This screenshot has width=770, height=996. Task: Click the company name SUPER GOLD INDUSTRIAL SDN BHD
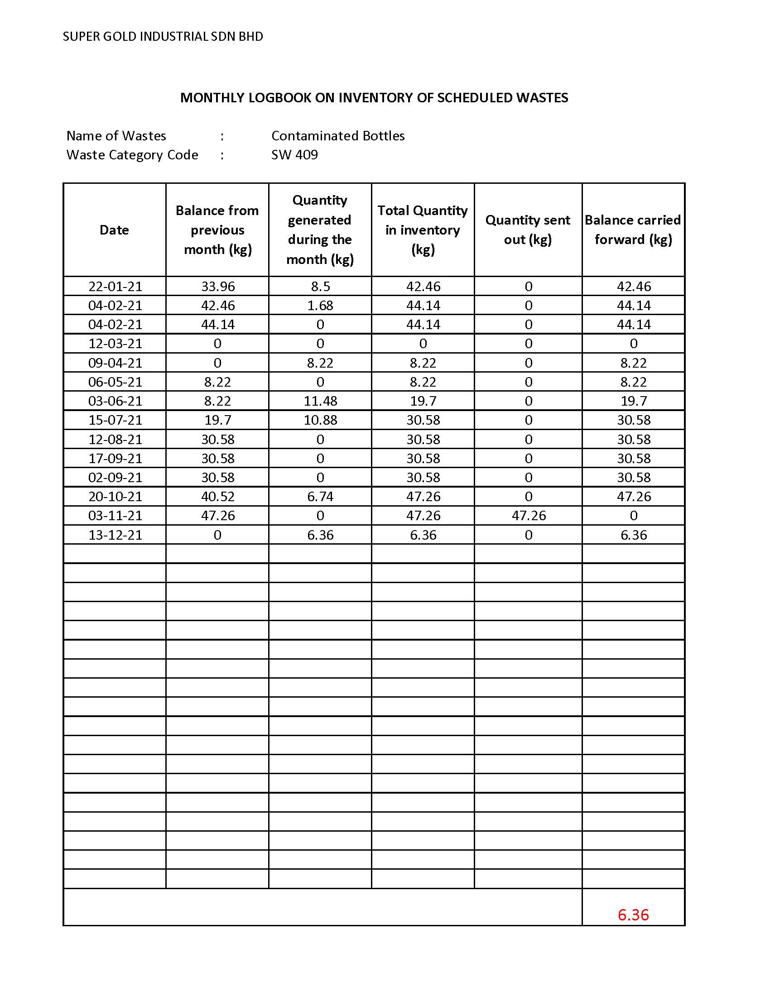coord(163,37)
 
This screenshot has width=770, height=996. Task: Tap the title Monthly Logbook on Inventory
coord(374,98)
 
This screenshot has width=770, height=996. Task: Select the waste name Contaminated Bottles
coord(338,136)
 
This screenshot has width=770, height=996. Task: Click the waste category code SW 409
coord(295,155)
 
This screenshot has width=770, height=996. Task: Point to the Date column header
coord(114,230)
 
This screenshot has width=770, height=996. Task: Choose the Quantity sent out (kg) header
coord(528,230)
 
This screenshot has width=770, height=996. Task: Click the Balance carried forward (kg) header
coord(633,230)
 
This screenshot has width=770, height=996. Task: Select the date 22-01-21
coord(115,287)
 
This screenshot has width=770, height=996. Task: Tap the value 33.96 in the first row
coord(218,287)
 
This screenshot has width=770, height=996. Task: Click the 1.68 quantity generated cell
coord(320,306)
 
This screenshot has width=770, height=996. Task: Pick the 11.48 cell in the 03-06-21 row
coord(320,401)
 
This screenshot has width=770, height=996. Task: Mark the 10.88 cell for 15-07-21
coord(320,420)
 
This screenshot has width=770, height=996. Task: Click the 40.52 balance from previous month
coord(218,497)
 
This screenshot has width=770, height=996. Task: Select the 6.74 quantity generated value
coord(320,497)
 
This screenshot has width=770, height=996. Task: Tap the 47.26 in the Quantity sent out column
coord(529,516)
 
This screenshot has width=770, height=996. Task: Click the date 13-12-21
coord(115,535)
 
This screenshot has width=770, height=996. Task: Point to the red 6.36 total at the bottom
coord(633,915)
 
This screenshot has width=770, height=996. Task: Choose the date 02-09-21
coord(115,478)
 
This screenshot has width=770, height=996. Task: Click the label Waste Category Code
coord(132,155)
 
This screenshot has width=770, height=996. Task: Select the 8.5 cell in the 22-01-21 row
coord(320,287)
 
